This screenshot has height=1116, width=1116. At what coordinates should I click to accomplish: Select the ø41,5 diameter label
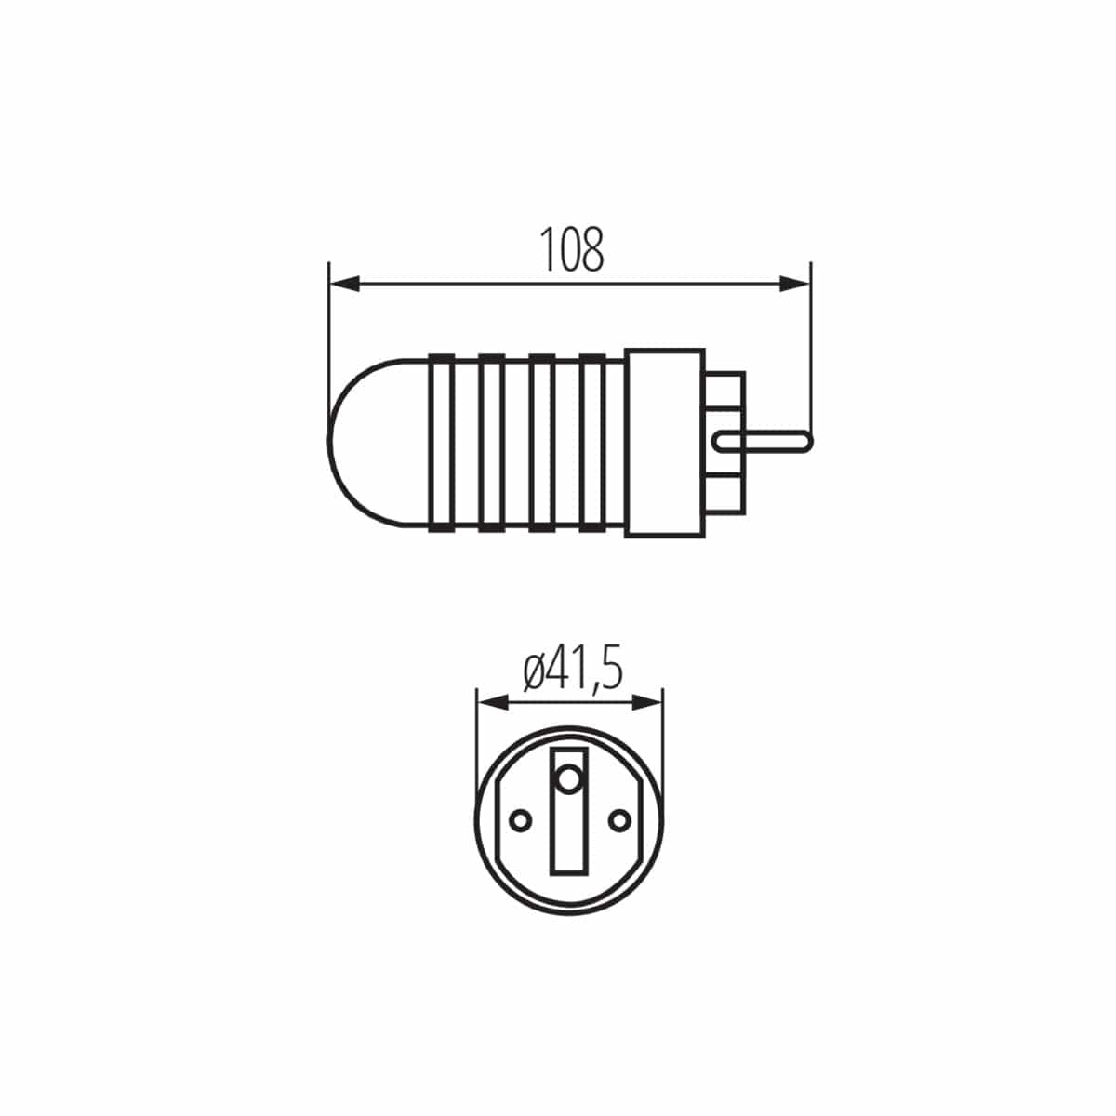(x=571, y=671)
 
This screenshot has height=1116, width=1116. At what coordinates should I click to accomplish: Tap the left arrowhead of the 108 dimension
(x=345, y=284)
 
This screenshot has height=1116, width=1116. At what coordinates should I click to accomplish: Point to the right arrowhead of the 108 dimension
(x=795, y=284)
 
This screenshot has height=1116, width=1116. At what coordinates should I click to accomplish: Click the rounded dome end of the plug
(x=367, y=443)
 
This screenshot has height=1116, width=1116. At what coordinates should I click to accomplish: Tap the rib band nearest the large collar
(x=591, y=443)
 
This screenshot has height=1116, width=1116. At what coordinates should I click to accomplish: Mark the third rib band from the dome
(x=540, y=443)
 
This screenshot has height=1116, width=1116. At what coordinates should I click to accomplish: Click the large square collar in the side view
(x=664, y=443)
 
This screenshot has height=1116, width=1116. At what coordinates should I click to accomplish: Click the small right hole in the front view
(x=618, y=819)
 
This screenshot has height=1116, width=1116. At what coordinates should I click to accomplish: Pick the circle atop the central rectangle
(x=569, y=778)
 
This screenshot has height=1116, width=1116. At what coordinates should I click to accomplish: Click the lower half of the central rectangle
(x=569, y=842)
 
